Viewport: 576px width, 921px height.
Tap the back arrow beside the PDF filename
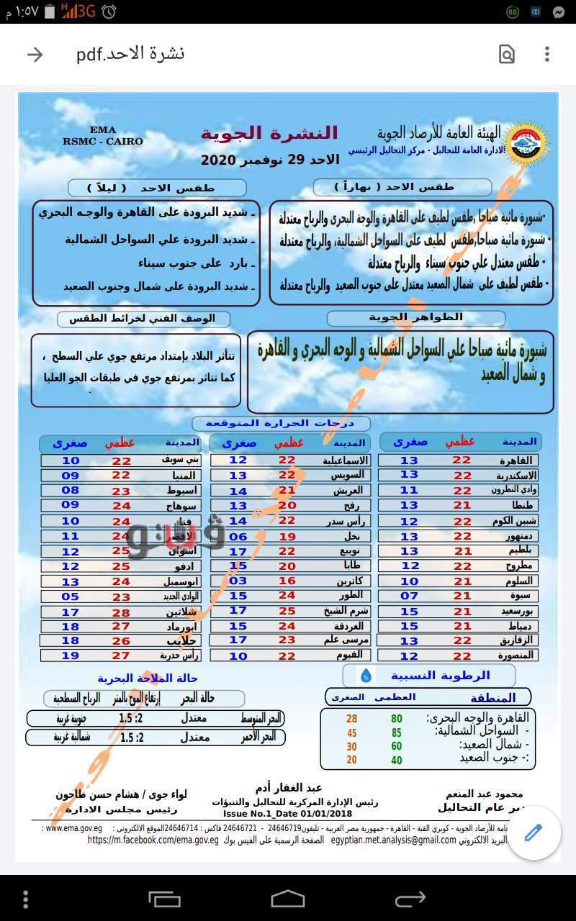[35, 55]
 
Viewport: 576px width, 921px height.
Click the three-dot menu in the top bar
[547, 55]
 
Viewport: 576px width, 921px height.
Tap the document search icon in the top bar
[507, 55]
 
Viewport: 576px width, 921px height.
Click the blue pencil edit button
[534, 833]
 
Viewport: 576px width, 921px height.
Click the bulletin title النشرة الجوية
[269, 133]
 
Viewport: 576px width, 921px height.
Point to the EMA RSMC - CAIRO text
[103, 136]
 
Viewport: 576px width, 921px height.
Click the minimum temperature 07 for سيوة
[409, 595]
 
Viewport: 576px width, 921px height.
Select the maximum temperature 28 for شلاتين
[121, 612]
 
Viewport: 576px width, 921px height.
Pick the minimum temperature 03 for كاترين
[238, 581]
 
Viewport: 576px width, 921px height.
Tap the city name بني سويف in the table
[180, 460]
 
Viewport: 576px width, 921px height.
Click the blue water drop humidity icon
[366, 675]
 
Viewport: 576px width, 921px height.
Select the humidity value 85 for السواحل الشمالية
[397, 732]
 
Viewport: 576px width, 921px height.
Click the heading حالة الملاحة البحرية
[148, 678]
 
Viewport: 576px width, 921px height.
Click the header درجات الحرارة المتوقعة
[281, 423]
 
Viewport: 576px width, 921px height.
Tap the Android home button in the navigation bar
[287, 899]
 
